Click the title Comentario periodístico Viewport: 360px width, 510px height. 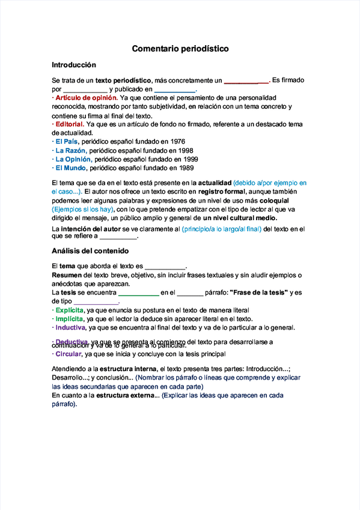coord(180,48)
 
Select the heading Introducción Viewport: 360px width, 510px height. coord(74,65)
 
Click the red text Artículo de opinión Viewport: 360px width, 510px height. coord(86,97)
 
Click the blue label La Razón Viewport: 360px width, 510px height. coord(70,150)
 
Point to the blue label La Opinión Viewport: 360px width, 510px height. coord(73,159)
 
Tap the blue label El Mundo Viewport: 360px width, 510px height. coord(71,168)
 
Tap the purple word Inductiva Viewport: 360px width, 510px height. coord(70,328)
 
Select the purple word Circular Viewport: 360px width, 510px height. coord(69,354)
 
